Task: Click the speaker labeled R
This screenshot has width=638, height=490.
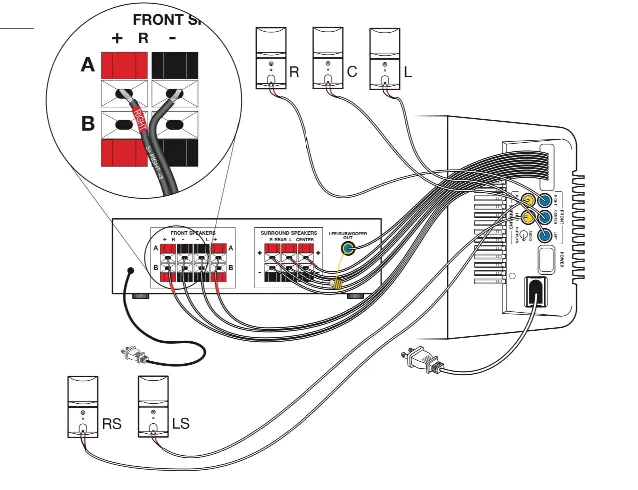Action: click(270, 58)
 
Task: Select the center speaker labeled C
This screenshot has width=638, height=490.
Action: click(327, 58)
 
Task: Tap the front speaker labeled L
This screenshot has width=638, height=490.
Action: click(384, 58)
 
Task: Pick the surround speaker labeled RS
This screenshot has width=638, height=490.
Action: click(83, 407)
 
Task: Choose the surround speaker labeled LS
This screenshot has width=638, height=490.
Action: click(153, 407)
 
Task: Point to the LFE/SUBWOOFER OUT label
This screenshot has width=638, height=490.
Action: click(348, 235)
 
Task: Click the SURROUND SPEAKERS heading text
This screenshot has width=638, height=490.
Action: click(289, 233)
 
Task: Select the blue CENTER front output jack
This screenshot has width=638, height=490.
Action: click(544, 217)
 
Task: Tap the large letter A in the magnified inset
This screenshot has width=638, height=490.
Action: click(88, 65)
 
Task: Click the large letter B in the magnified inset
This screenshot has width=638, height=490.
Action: click(88, 123)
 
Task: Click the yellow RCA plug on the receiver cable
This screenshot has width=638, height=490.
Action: click(336, 285)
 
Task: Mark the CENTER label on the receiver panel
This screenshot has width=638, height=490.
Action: click(305, 240)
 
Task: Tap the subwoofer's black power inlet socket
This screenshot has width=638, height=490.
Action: click(535, 291)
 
